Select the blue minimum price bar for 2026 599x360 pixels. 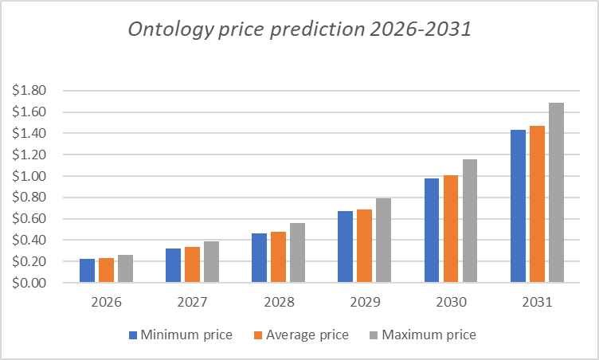87,271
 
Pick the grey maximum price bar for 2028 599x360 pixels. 297,252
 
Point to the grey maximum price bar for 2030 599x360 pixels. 470,221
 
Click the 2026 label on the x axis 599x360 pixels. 106,303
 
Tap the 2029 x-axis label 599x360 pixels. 364,303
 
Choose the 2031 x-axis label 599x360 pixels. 536,303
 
